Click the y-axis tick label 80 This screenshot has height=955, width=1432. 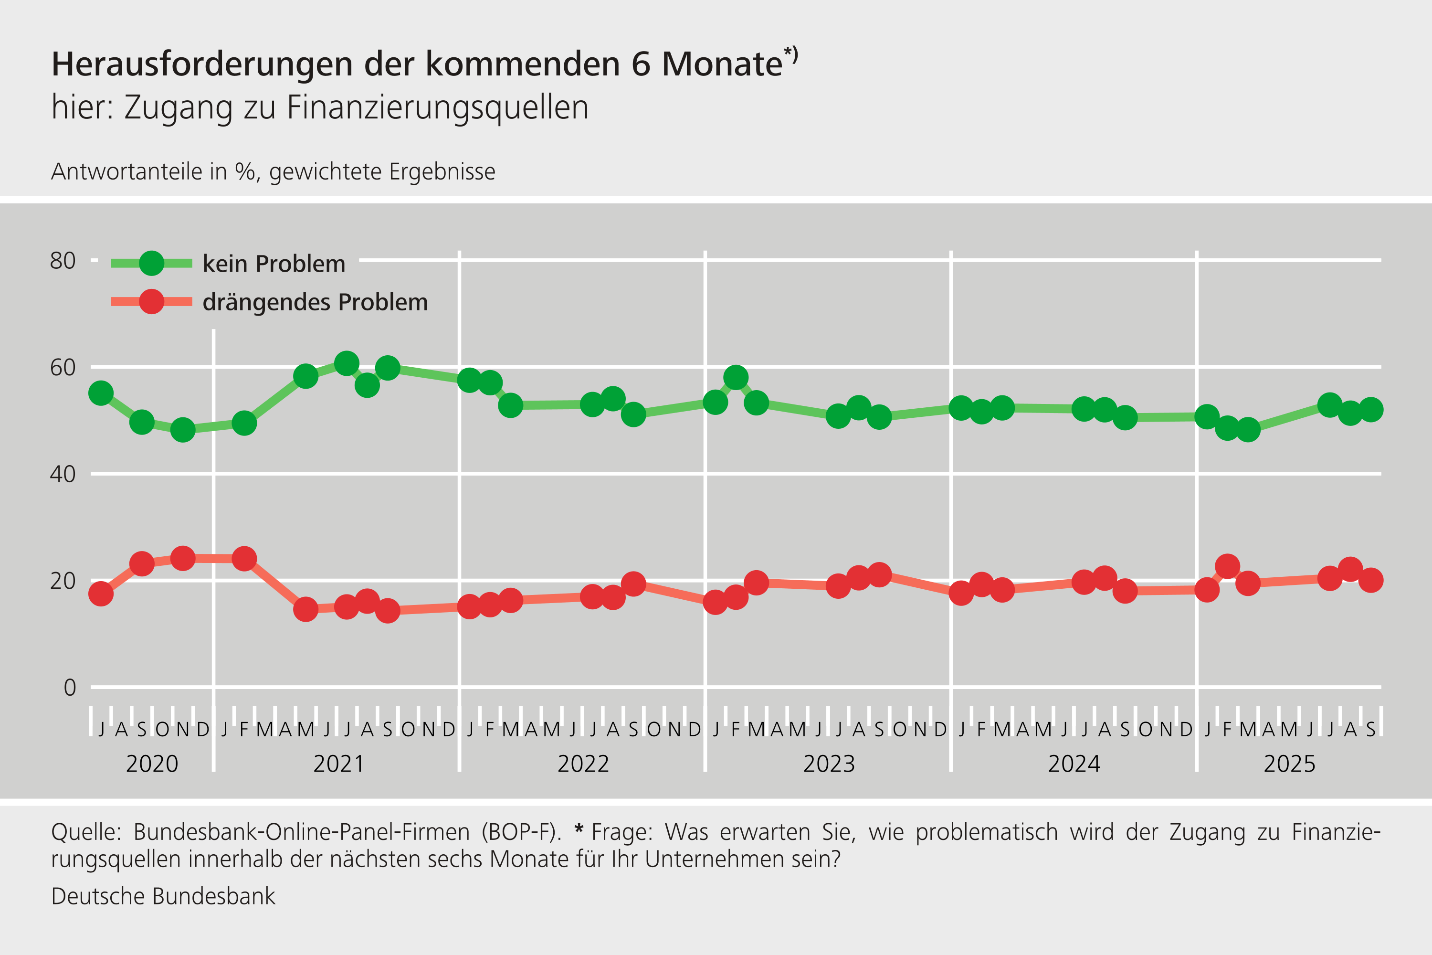tap(63, 261)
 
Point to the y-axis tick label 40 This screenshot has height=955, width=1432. tap(63, 474)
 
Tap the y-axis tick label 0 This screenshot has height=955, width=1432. tap(69, 688)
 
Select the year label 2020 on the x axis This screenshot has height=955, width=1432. tap(152, 764)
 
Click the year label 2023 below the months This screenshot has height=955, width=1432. tap(829, 764)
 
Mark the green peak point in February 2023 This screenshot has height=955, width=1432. tap(736, 378)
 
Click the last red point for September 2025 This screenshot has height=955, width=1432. tap(1370, 580)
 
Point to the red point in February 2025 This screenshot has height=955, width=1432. tap(1227, 566)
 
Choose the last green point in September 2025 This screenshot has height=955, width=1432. tap(1370, 410)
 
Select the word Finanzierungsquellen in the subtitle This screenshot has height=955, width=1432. tap(437, 108)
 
